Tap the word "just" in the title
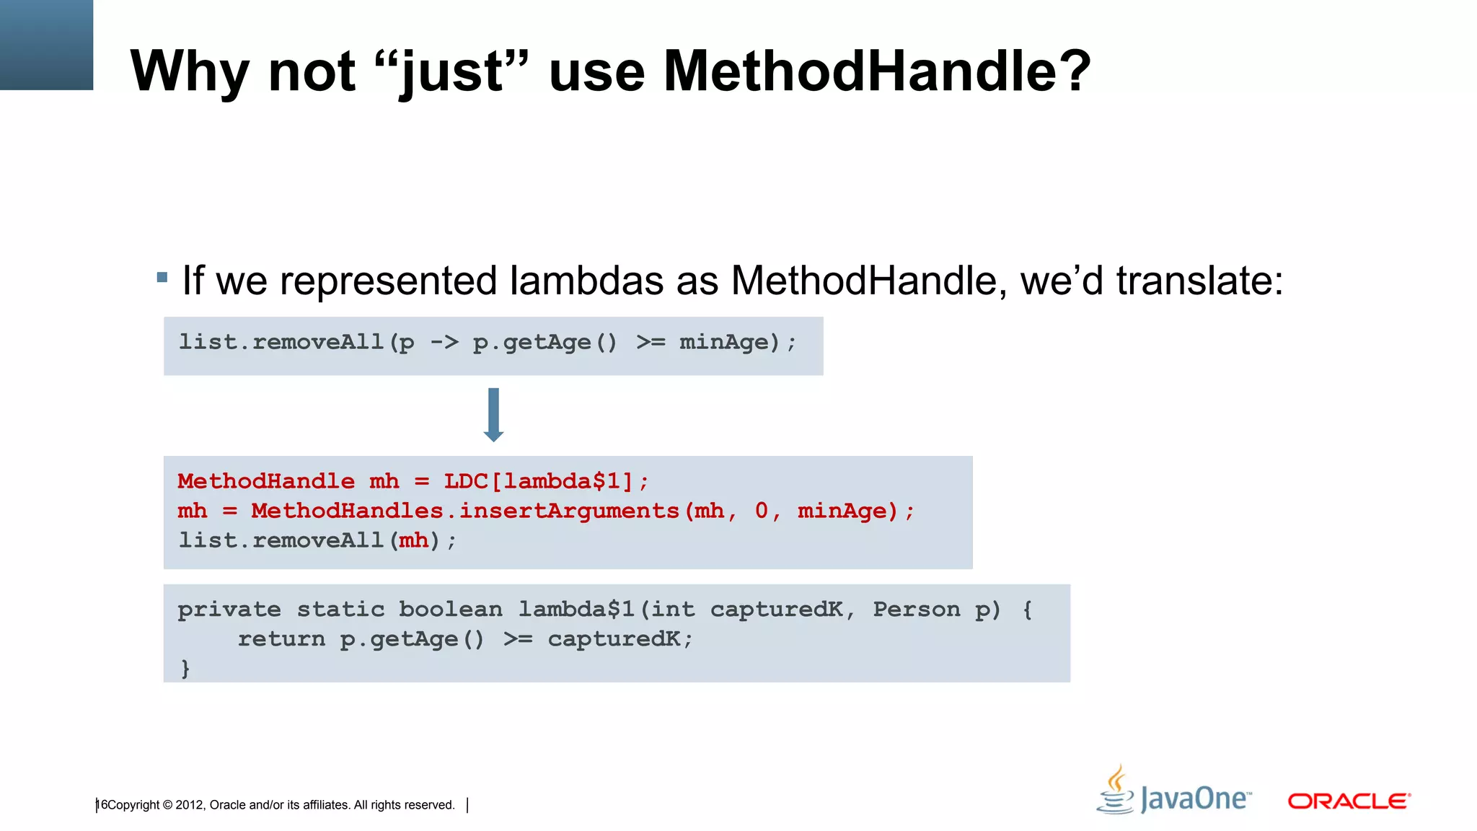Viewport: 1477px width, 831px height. coord(452,72)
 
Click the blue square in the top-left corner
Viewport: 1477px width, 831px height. coord(46,45)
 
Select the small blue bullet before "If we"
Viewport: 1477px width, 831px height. coord(162,277)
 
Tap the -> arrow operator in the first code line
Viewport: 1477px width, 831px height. coord(444,342)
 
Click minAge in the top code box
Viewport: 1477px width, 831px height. coord(724,342)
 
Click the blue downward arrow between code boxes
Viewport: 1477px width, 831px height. coord(493,415)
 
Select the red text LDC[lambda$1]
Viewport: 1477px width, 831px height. coord(538,481)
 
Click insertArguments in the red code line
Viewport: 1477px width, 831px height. coord(570,511)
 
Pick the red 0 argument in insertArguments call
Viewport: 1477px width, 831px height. coord(762,511)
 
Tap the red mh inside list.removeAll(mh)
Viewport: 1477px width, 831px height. coord(413,540)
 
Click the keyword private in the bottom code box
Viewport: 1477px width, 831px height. coord(229,610)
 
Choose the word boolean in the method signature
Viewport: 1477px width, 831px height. coord(451,610)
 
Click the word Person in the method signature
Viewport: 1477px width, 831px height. coord(917,610)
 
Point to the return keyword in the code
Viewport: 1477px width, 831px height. coord(281,639)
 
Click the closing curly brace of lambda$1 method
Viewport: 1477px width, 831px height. coord(185,668)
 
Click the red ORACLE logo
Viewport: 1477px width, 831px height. coord(1349,801)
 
